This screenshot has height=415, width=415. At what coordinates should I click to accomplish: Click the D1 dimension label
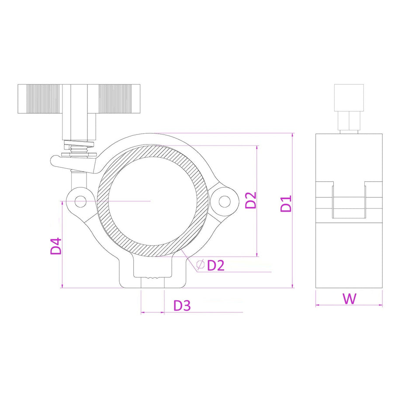click(286, 203)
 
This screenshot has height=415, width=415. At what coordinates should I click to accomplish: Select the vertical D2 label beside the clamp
click(251, 200)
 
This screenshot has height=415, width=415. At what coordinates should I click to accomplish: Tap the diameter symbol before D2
click(201, 264)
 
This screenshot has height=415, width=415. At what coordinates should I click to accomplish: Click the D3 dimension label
click(182, 306)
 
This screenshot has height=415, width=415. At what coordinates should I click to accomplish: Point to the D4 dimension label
click(56, 246)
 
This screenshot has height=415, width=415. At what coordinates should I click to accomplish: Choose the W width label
click(349, 299)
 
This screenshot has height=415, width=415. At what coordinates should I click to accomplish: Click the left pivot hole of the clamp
click(80, 202)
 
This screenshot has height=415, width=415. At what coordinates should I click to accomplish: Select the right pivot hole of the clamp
click(225, 201)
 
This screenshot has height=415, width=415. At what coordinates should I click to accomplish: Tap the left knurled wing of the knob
click(40, 99)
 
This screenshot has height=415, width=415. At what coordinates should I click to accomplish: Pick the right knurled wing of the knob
click(119, 99)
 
